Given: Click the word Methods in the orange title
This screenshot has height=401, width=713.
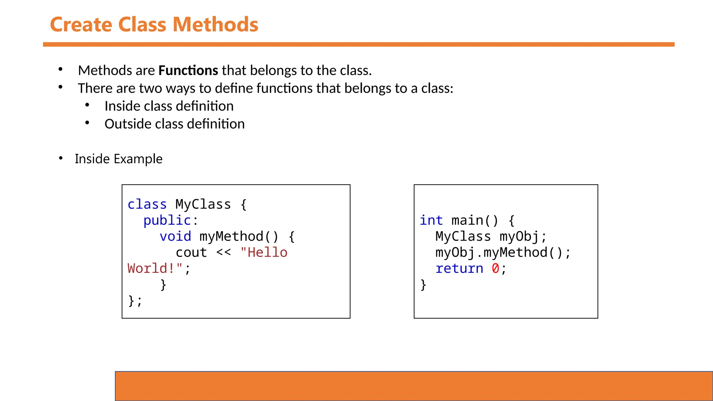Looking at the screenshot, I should point(215,25).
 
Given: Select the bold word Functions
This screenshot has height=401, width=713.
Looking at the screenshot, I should point(188,70).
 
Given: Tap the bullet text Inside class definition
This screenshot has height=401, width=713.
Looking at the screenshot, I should point(169,106).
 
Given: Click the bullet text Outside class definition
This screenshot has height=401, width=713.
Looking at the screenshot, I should point(174,124).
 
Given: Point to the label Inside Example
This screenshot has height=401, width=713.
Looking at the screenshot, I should point(118,159).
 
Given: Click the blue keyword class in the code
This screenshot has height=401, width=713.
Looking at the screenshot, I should point(147,204).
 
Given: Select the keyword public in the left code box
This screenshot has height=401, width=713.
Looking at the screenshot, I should point(167,220).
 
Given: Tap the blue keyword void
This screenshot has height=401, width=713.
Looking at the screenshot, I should point(175,236).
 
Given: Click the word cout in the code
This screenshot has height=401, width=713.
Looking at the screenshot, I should point(191,252).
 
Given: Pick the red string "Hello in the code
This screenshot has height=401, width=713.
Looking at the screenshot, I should point(264,252).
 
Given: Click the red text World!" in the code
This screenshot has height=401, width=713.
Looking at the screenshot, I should point(155,268).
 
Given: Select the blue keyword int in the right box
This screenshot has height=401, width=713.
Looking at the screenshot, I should point(431,220).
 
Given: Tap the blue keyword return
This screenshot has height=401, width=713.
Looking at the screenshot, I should point(459,268).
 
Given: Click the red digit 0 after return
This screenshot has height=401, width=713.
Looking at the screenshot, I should point(495,268).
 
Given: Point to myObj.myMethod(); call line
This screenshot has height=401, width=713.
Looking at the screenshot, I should point(503,252).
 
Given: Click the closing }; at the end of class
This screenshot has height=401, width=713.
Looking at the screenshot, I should point(135,300).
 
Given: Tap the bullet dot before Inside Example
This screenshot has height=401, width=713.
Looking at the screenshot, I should point(61,159).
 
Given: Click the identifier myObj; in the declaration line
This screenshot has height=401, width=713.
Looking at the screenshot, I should point(523,236).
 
